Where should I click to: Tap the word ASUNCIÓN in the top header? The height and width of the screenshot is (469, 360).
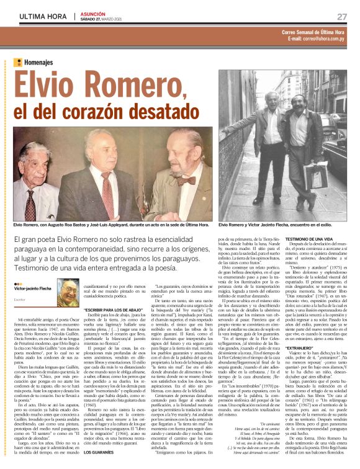click(95, 12)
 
